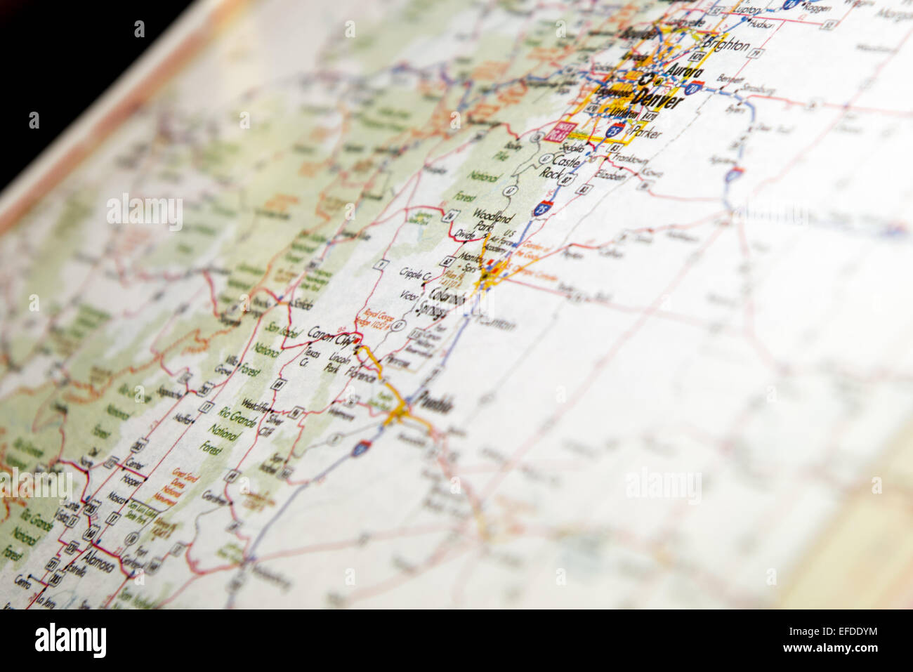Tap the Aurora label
point(683,73)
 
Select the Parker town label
point(646,131)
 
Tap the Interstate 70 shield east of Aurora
point(693,88)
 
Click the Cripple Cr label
point(414,275)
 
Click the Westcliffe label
point(256,407)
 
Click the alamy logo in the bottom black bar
point(70,640)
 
